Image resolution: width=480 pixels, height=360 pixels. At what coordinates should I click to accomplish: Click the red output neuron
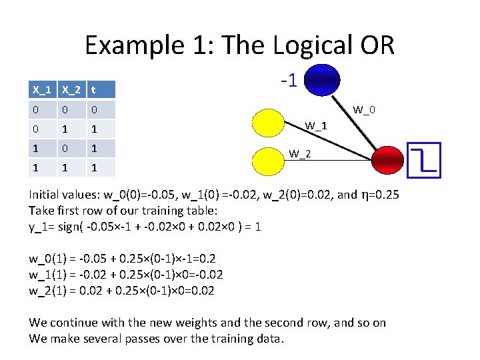389,160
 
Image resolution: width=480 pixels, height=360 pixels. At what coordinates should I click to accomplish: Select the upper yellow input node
273,123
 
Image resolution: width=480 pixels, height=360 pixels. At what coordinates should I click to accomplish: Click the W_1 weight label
316,125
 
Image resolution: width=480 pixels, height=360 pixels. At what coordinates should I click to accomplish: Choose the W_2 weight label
299,155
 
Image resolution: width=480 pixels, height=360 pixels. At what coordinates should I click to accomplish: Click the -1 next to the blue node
289,81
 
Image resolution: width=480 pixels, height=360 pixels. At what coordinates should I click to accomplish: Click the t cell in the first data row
95,109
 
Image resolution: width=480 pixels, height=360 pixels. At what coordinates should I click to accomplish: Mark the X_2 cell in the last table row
65,167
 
